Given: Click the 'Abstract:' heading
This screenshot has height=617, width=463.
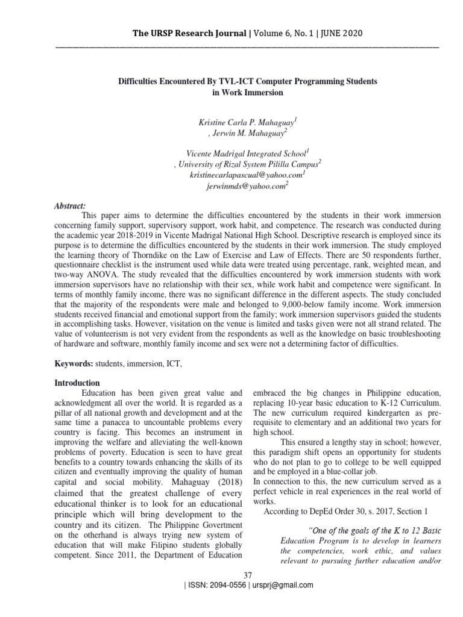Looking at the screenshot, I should pos(70,205).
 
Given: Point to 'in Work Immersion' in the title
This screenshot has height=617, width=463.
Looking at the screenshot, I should pos(247,93).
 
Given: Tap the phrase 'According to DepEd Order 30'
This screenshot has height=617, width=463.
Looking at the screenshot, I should pos(326,512).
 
